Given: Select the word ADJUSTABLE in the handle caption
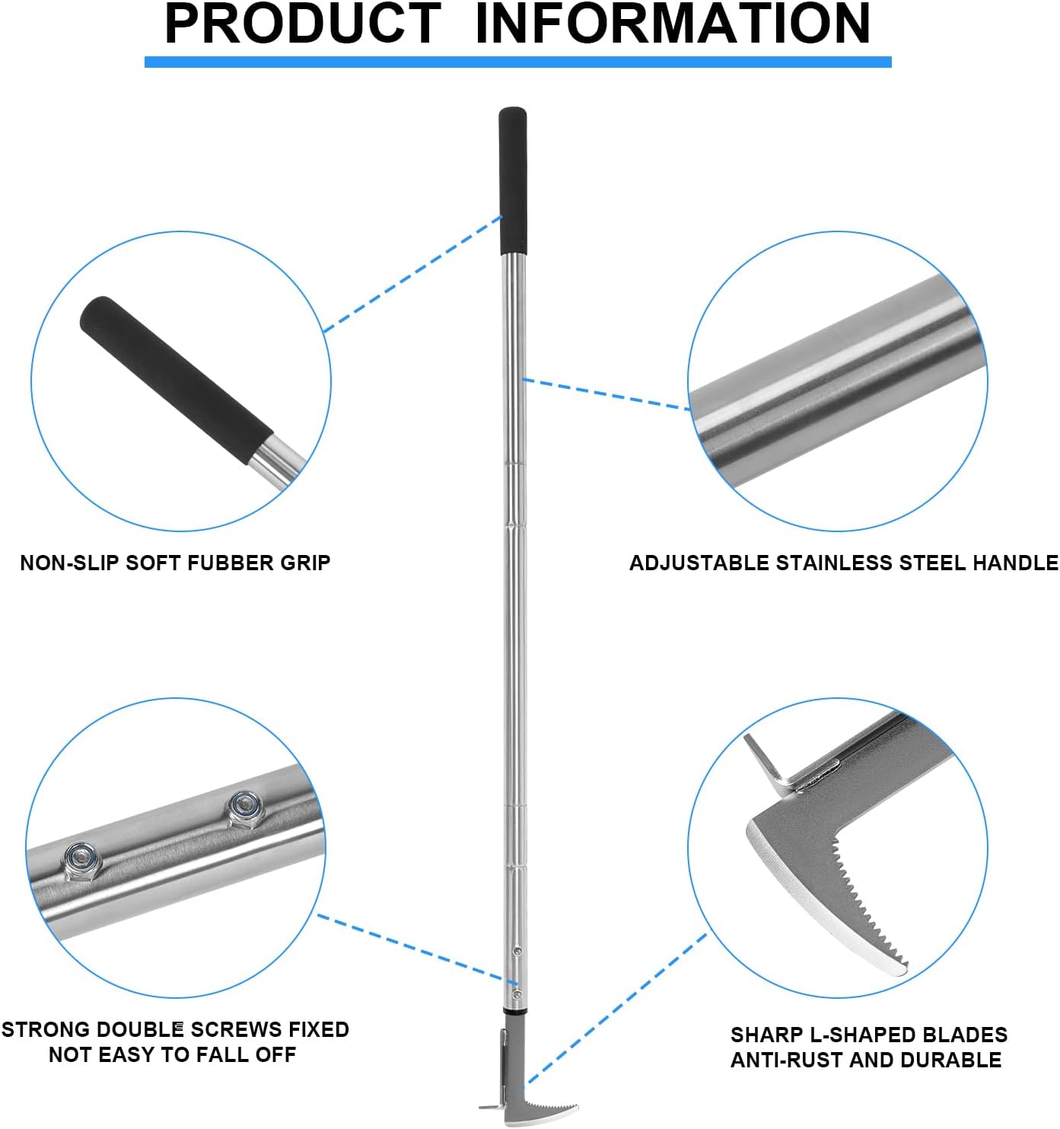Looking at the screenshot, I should pyautogui.click(x=699, y=563).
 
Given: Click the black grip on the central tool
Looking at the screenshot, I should pyautogui.click(x=513, y=181).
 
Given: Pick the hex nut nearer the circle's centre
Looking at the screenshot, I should pyautogui.click(x=245, y=808).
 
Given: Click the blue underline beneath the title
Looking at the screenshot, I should pyautogui.click(x=517, y=62).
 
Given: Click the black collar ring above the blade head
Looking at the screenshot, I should pyautogui.click(x=514, y=1013).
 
